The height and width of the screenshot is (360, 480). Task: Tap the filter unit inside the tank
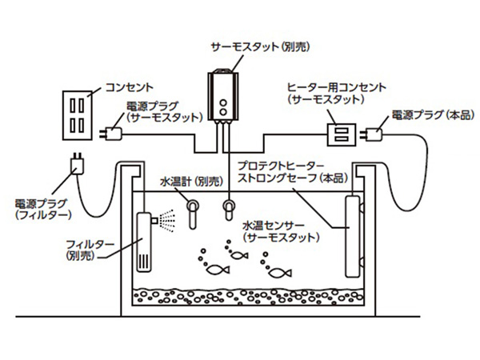[143, 240]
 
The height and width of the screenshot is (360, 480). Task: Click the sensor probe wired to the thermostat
[229, 210]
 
